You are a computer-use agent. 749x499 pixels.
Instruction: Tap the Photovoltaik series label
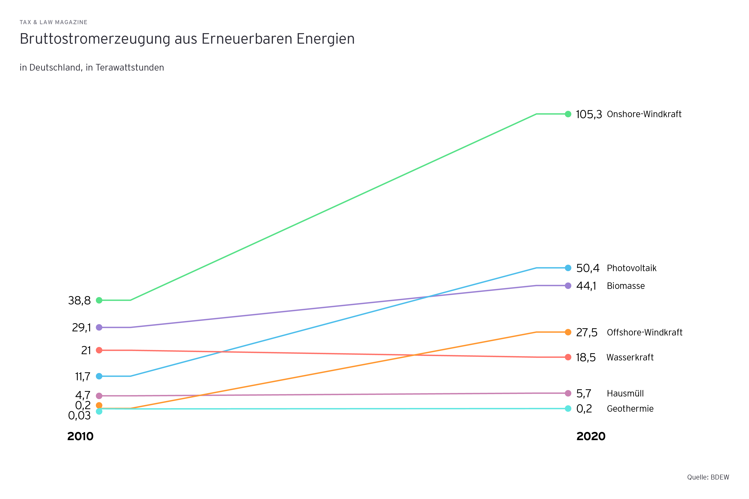tap(632, 268)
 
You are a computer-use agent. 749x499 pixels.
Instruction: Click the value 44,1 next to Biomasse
tap(586, 286)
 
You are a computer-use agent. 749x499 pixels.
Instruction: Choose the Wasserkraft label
tap(630, 357)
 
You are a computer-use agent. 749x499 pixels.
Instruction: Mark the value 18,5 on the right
tap(586, 357)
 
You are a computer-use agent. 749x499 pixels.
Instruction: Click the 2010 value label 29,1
tap(82, 327)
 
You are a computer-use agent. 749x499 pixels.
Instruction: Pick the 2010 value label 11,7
tap(83, 376)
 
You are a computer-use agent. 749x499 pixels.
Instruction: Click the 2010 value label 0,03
tap(79, 415)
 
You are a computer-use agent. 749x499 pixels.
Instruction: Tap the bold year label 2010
tap(80, 436)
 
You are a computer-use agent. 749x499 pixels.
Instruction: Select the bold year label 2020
tap(591, 436)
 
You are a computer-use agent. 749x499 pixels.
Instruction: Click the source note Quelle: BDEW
tap(708, 477)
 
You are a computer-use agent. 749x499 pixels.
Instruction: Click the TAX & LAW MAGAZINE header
tap(53, 22)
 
